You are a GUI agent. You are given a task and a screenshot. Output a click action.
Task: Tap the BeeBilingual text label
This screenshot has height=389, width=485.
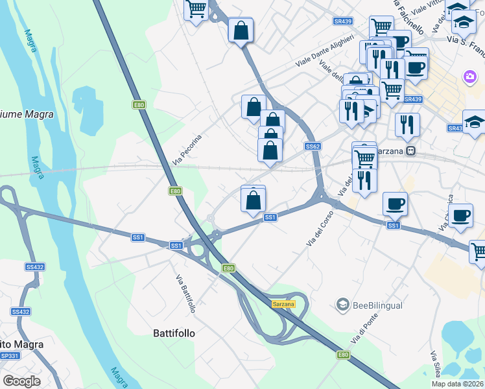(378, 305)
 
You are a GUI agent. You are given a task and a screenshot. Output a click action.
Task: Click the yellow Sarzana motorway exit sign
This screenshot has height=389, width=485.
(283, 304)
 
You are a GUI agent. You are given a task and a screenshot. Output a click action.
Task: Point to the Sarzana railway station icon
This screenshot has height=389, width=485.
(411, 151)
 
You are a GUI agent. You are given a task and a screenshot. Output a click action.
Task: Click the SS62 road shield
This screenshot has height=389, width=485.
(313, 147)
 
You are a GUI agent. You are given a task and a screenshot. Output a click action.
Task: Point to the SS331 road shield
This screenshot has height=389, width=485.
(10, 356)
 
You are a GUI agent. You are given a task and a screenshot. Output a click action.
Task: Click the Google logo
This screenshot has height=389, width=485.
(21, 381)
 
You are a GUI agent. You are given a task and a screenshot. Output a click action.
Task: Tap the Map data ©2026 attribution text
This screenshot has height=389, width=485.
(458, 384)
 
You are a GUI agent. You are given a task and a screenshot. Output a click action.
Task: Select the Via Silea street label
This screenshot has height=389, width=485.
(435, 366)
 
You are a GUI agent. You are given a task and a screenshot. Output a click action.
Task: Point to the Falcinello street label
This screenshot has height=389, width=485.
(408, 16)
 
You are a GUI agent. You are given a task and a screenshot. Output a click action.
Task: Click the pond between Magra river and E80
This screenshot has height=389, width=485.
(88, 107)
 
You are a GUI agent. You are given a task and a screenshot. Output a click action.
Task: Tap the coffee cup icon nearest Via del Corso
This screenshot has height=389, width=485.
(395, 204)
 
